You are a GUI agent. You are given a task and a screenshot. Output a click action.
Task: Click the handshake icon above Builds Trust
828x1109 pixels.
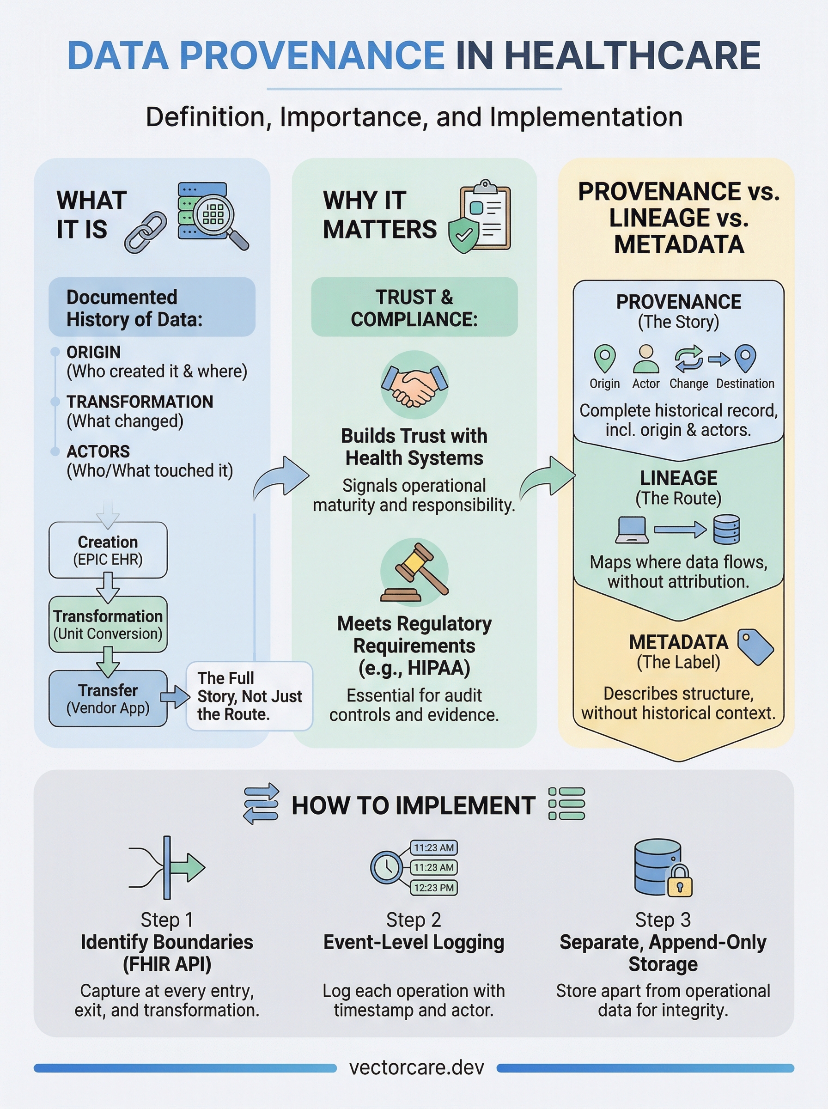pyautogui.click(x=414, y=386)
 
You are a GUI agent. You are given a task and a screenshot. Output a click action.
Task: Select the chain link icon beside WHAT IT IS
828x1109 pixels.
pyautogui.click(x=146, y=232)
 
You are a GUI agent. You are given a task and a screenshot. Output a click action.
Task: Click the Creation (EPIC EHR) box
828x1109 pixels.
pyautogui.click(x=108, y=550)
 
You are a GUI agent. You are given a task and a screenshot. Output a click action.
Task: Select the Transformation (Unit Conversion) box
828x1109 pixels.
pyautogui.click(x=108, y=624)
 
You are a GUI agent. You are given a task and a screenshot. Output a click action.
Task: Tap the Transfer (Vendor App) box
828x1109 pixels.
pyautogui.click(x=108, y=698)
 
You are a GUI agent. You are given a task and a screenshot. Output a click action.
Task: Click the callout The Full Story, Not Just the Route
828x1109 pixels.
pyautogui.click(x=249, y=695)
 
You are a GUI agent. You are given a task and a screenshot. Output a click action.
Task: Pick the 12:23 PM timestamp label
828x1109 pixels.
pyautogui.click(x=433, y=888)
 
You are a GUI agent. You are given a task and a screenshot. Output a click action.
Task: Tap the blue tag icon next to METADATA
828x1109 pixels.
pyautogui.click(x=755, y=647)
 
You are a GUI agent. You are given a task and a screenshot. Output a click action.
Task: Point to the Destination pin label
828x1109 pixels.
pyautogui.click(x=745, y=384)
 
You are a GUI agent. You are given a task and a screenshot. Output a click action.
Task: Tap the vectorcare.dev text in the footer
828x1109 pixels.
pyautogui.click(x=416, y=1067)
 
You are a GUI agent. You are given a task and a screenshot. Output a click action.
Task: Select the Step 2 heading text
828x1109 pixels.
pyautogui.click(x=414, y=920)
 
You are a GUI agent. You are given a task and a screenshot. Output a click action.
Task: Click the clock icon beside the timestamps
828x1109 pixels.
pyautogui.click(x=386, y=867)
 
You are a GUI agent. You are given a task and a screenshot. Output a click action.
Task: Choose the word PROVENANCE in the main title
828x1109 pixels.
pyautogui.click(x=311, y=55)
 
